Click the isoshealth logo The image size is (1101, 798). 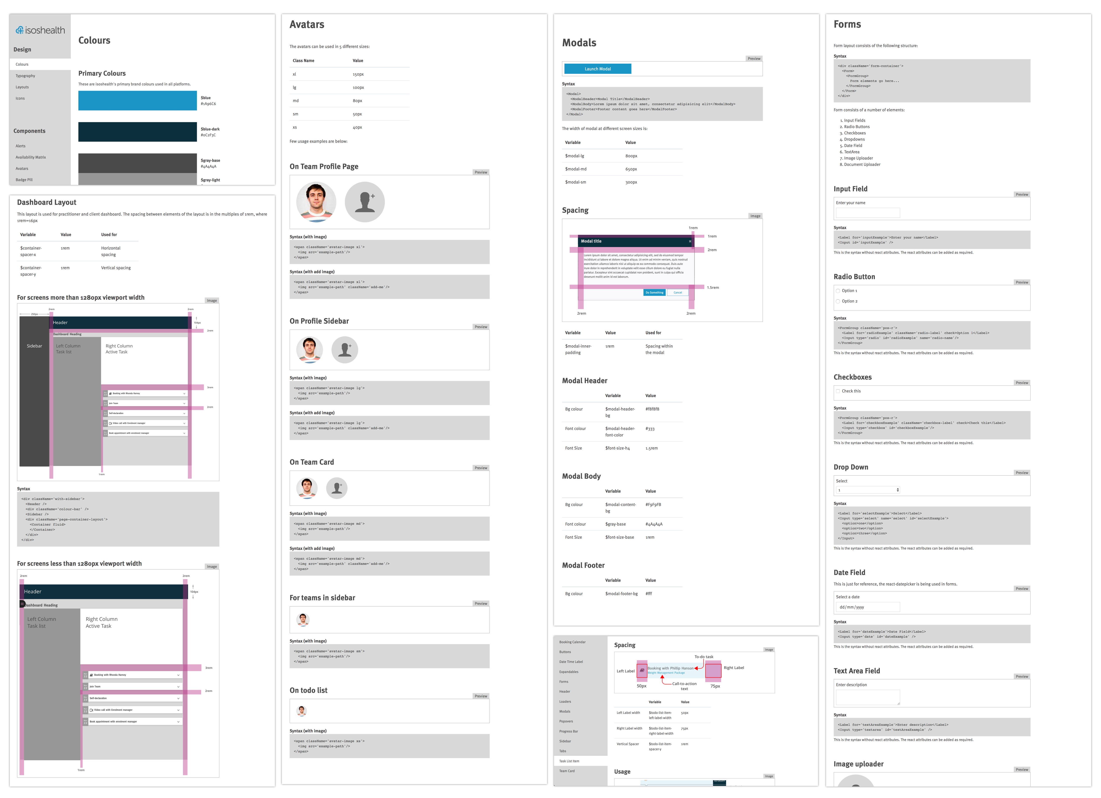(x=40, y=30)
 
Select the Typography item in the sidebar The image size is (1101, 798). (x=25, y=76)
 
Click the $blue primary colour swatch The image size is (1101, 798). (x=137, y=100)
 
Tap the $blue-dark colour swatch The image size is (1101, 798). (x=137, y=132)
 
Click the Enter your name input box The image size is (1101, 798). (x=868, y=212)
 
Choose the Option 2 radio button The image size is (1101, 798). (x=838, y=301)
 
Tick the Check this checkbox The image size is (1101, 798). (x=838, y=391)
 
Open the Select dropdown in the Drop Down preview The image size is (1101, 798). (x=868, y=490)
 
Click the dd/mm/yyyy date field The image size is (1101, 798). (x=868, y=607)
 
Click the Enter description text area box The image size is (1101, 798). (x=868, y=697)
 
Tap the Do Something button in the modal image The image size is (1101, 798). (x=654, y=292)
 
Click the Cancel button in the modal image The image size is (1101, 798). (x=678, y=292)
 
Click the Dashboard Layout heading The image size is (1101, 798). (x=47, y=202)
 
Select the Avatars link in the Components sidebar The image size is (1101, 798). (x=22, y=168)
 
